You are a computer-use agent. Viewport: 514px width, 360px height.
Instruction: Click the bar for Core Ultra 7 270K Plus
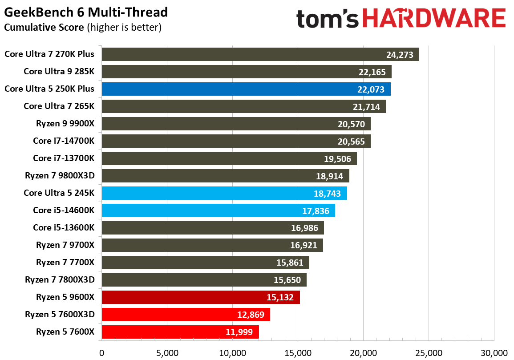click(x=260, y=54)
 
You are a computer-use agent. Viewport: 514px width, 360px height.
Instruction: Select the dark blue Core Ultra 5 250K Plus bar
click(x=246, y=89)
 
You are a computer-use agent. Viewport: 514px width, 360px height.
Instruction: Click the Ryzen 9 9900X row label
click(x=65, y=124)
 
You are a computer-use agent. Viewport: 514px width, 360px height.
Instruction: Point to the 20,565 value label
click(x=351, y=142)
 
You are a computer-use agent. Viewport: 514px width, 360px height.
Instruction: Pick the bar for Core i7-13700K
click(x=229, y=158)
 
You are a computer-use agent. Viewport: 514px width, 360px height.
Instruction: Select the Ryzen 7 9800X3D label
click(x=60, y=176)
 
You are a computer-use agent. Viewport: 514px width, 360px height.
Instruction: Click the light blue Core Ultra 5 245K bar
click(x=224, y=193)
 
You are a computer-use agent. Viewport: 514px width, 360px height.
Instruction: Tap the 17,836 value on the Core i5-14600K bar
click(x=315, y=211)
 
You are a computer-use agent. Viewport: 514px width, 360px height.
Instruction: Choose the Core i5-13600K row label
click(x=64, y=228)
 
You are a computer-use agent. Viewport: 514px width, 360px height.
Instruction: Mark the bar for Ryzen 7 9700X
click(x=212, y=245)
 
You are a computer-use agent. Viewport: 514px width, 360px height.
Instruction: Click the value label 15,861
click(x=290, y=263)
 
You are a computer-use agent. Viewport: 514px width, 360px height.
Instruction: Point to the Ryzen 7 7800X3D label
click(x=60, y=280)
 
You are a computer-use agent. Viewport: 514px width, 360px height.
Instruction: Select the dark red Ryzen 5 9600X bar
click(x=201, y=297)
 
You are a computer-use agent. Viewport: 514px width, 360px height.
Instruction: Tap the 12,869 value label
click(x=251, y=315)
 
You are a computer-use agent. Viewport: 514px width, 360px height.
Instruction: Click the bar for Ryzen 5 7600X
click(x=180, y=332)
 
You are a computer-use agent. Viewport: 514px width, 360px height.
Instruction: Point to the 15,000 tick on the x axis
click(x=298, y=353)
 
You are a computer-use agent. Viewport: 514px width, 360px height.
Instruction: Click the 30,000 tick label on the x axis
click(x=494, y=353)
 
